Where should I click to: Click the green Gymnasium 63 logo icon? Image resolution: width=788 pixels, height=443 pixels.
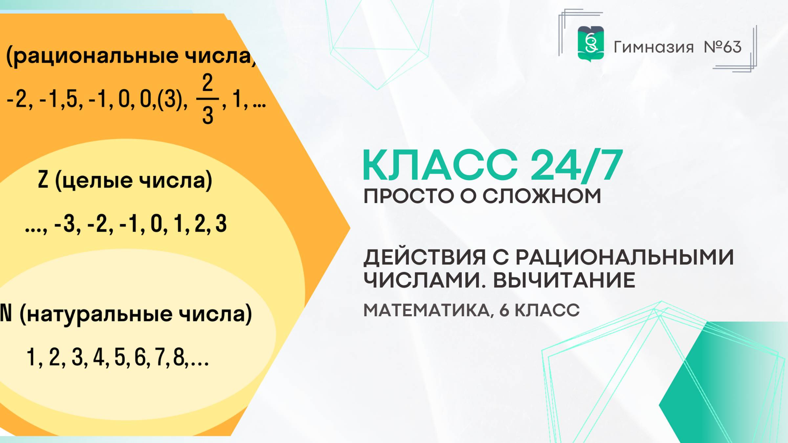tap(591, 44)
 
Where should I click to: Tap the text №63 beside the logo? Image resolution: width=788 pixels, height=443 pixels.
tap(722, 47)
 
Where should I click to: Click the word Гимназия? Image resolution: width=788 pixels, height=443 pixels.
tap(653, 47)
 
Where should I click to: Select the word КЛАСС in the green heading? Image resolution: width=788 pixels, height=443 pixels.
tap(440, 165)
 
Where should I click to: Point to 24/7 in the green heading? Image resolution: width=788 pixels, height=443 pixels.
tap(576, 165)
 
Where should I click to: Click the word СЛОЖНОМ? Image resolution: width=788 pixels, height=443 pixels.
tap(542, 196)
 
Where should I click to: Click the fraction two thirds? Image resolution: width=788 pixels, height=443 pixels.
tap(208, 99)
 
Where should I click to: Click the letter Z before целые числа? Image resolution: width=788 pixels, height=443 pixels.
tap(43, 180)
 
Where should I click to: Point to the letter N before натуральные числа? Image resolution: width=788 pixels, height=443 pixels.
tap(6, 313)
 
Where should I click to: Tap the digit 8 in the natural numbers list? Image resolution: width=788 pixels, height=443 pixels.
tap(179, 357)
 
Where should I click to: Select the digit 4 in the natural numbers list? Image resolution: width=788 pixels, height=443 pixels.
tap(99, 357)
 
